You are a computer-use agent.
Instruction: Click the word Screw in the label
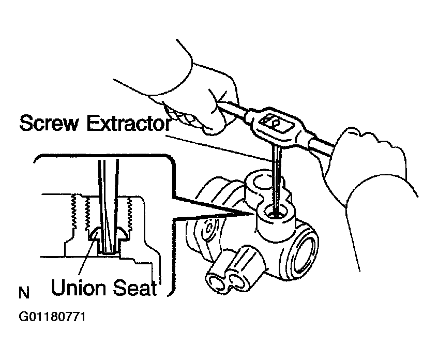tap(49, 123)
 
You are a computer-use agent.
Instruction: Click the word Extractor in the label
tap(129, 123)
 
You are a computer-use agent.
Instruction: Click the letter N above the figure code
tap(24, 292)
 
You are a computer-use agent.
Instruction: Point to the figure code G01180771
tap(52, 317)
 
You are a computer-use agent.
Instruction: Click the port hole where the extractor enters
tap(276, 213)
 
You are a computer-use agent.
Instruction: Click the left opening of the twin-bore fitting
tap(217, 284)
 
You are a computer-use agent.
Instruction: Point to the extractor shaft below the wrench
tap(277, 179)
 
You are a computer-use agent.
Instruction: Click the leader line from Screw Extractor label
tap(219, 149)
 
